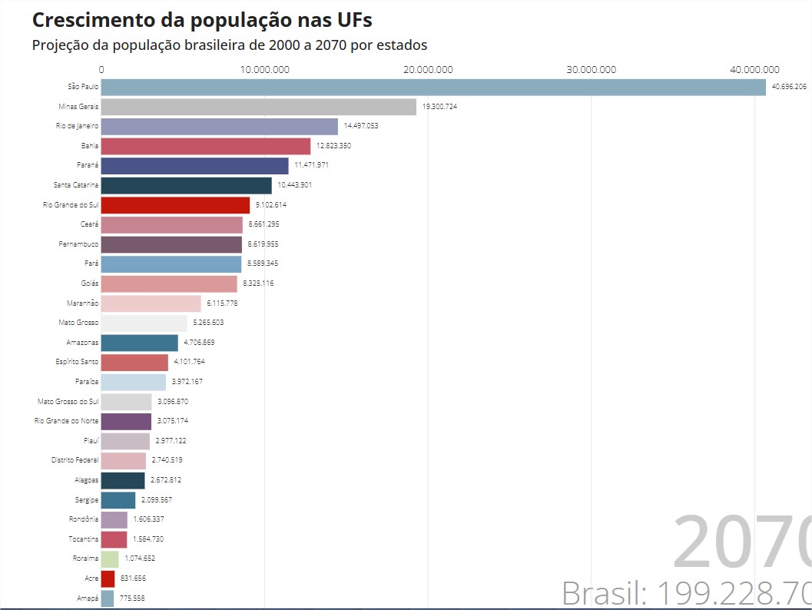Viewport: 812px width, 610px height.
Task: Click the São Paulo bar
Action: pos(433,87)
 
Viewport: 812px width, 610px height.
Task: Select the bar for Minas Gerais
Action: pos(258,107)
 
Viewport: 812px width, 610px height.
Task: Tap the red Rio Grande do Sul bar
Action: pos(175,205)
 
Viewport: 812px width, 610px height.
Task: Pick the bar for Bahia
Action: pos(206,146)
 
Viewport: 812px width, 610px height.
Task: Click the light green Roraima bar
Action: pos(110,559)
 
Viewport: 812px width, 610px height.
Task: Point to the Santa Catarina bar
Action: pos(186,185)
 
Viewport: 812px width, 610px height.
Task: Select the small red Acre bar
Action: pos(108,579)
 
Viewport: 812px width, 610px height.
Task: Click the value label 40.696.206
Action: pos(789,87)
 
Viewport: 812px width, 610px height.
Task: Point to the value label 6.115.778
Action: pos(223,303)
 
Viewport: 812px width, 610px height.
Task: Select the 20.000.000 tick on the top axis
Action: pos(428,70)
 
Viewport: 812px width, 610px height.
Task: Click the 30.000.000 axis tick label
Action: pos(592,70)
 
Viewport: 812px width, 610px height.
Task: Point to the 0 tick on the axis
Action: pos(101,70)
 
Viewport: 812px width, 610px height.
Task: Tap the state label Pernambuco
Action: pos(79,244)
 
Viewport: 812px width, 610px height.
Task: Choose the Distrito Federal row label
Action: pos(75,460)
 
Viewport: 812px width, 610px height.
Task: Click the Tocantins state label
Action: pos(81,539)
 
